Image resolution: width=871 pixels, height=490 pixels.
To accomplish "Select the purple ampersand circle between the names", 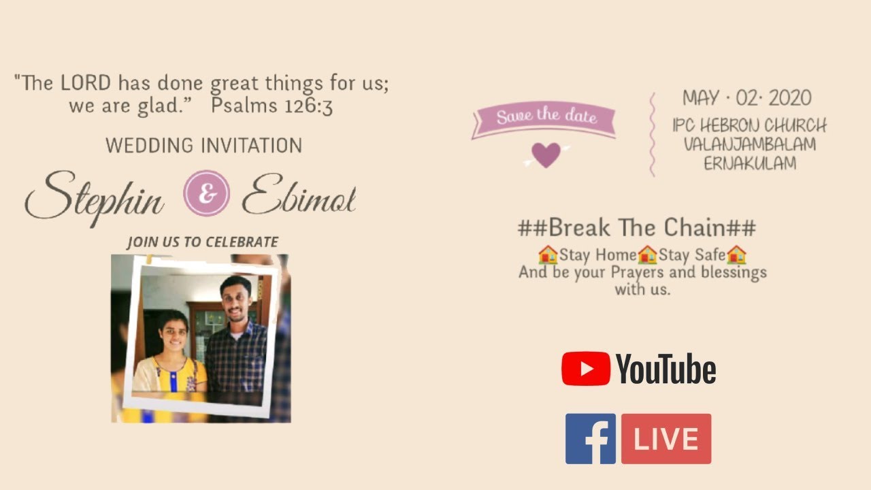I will tap(206, 194).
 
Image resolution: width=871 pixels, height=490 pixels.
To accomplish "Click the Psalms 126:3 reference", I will tap(272, 106).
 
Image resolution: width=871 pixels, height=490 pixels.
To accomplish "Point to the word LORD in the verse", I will tap(85, 84).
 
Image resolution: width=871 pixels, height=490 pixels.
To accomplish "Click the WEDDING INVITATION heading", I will tap(203, 145).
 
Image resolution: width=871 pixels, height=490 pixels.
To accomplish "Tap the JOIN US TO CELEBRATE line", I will tap(202, 242).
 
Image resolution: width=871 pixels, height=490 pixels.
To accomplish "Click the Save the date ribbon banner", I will tap(544, 118).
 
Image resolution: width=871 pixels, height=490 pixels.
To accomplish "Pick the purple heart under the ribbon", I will tap(546, 155).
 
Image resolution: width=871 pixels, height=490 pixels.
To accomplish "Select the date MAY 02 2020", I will tap(746, 99).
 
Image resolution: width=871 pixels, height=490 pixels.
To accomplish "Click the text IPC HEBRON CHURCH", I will tap(749, 126).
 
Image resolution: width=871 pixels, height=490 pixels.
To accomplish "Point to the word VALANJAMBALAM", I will tap(749, 144).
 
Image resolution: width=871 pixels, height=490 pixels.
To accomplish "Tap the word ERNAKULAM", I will tap(749, 163).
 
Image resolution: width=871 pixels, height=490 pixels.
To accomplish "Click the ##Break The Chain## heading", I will tap(636, 227).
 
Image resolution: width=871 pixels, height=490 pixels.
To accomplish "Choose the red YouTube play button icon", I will tap(585, 369).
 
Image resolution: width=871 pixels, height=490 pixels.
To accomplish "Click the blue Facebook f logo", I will tap(590, 439).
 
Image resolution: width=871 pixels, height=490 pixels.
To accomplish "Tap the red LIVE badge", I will tap(666, 439).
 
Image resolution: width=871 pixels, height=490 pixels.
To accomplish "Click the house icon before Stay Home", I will tap(547, 255).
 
